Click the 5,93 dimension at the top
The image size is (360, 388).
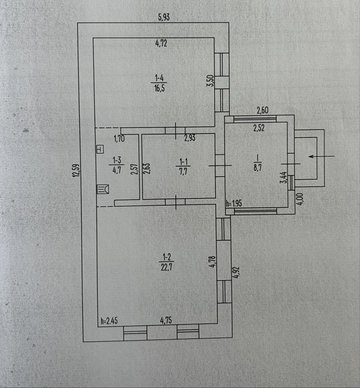coord(164,17)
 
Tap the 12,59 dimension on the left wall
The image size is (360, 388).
coord(76,170)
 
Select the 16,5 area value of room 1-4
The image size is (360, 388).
coord(160,88)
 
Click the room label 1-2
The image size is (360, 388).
coord(167,257)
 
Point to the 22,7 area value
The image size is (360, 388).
coord(167,267)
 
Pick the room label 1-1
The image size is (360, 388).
coord(183,162)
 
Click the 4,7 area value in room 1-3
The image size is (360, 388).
coord(117,170)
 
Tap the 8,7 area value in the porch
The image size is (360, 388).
coord(258,167)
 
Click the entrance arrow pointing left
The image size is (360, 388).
coord(322,156)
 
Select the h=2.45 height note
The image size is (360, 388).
coord(109,321)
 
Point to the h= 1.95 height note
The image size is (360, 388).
coord(234,203)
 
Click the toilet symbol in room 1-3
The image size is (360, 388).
coord(103,189)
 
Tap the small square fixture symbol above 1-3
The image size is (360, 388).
coord(100,150)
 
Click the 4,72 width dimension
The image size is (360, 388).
coord(161,43)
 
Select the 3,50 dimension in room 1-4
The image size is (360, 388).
coord(210,81)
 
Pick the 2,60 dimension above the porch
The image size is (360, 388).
coord(263,110)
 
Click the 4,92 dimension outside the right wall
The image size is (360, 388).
coord(236,273)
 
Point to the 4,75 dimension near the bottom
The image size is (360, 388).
coord(166,320)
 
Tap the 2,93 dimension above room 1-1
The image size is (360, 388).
coord(190,138)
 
